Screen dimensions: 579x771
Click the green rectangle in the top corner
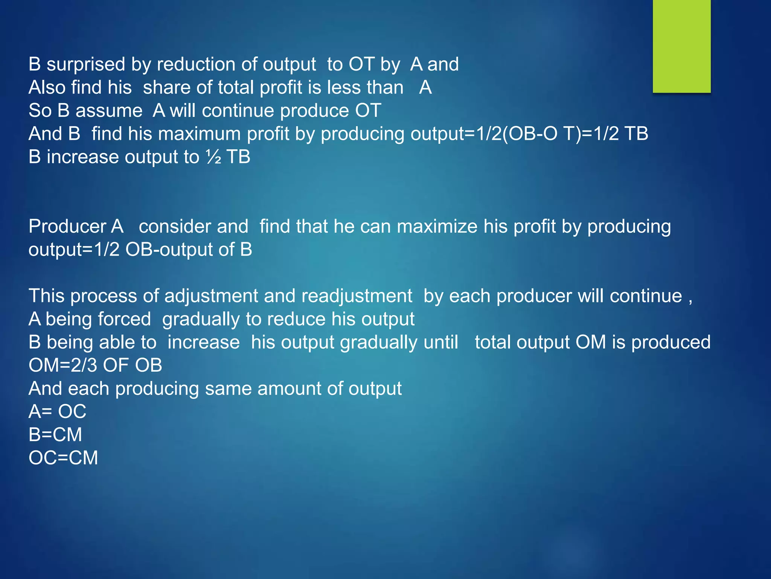[681, 46]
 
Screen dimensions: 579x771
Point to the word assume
[109, 111]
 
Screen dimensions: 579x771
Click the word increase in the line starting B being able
[203, 342]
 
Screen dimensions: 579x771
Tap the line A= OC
[57, 412]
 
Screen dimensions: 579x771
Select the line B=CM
[55, 435]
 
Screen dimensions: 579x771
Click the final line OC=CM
[63, 458]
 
